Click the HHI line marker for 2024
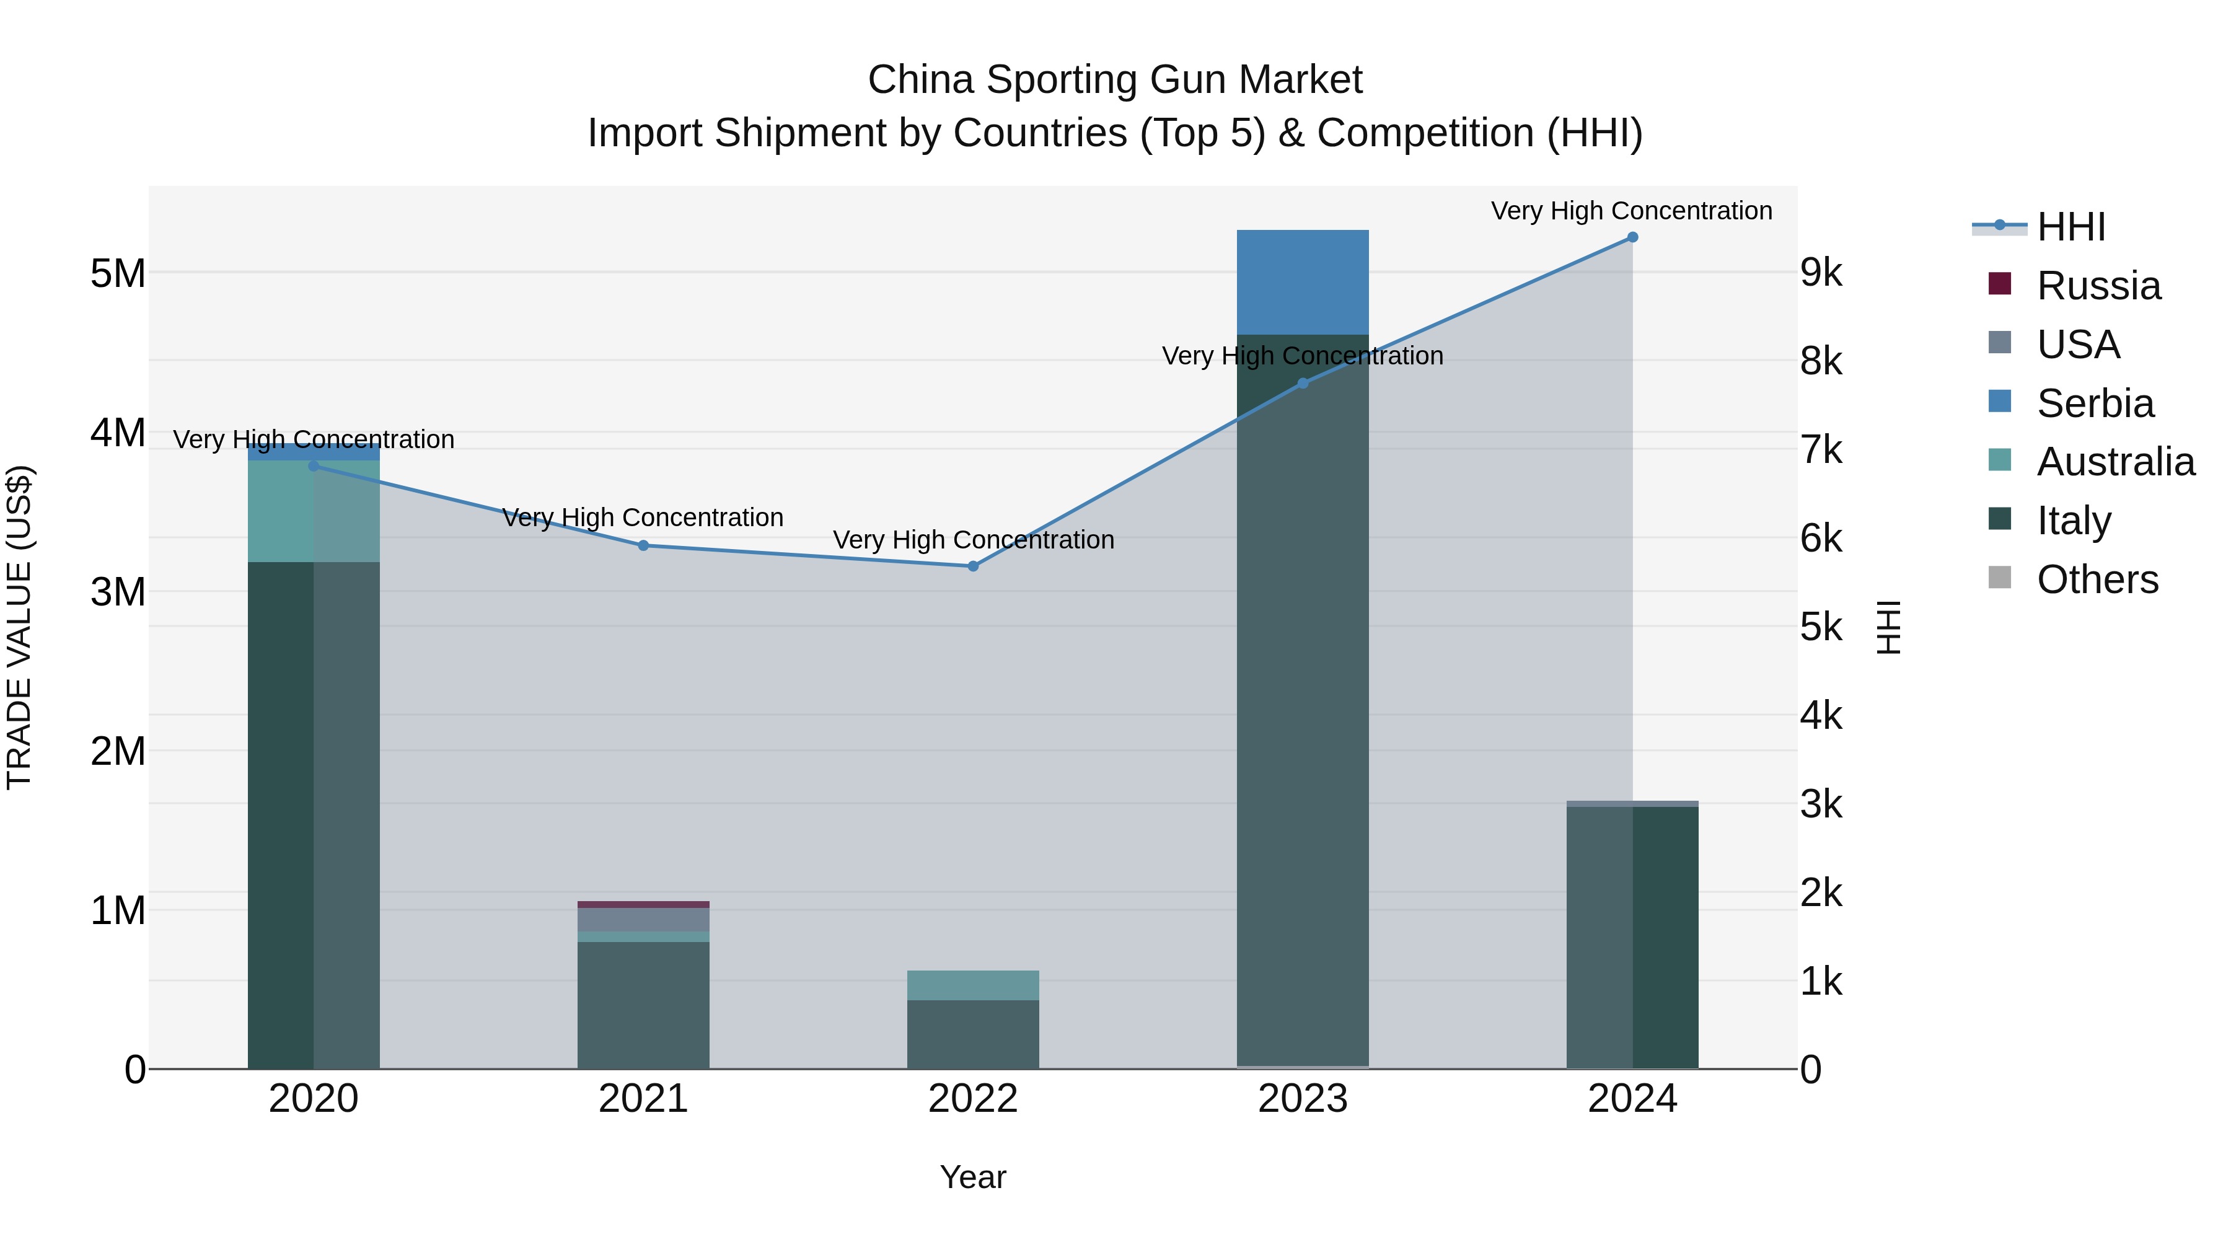(1632, 237)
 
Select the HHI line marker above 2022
(972, 566)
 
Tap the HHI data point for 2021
(643, 545)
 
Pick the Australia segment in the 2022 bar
(972, 985)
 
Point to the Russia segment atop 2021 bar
(643, 904)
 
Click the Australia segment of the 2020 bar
(314, 511)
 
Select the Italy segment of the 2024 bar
(1632, 935)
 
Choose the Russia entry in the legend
(2098, 286)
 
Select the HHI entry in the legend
(2070, 227)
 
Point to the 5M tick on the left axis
(118, 274)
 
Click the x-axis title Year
(972, 1177)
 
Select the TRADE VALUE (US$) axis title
(19, 627)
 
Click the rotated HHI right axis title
(1889, 627)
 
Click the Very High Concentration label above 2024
(1631, 211)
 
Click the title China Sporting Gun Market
(1115, 80)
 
